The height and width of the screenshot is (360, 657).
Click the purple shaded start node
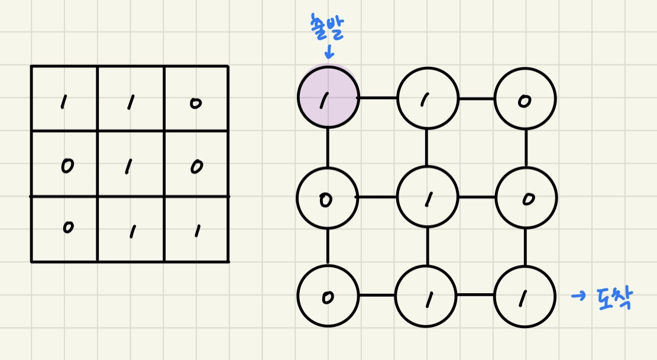point(328,98)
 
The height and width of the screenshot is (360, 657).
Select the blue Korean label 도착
point(611,298)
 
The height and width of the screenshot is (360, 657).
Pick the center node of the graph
point(427,198)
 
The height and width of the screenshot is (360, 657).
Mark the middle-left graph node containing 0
point(327,197)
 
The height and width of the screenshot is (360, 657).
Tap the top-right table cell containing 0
point(196,99)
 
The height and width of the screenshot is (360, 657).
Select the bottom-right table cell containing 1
point(196,229)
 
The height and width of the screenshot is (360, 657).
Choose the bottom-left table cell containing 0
point(64,229)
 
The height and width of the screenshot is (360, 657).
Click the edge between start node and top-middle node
point(378,98)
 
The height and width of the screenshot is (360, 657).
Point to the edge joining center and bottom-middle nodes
point(427,247)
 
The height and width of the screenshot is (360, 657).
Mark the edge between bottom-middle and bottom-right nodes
point(476,295)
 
